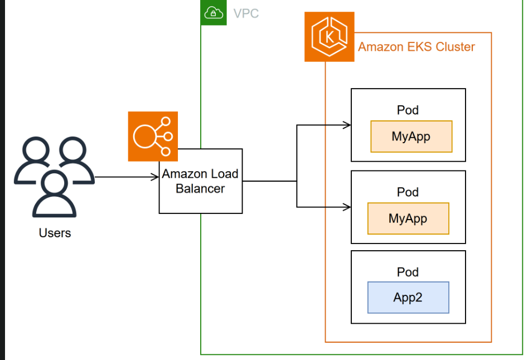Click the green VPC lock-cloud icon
tap(214, 12)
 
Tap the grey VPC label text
tap(246, 13)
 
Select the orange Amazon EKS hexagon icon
tap(329, 37)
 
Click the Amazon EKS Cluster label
tap(416, 47)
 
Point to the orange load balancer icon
tap(153, 136)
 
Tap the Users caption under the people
tap(55, 232)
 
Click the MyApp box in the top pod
tap(411, 137)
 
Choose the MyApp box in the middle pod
tap(408, 218)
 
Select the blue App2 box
tap(408, 298)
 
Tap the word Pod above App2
tap(408, 272)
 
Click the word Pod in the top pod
tap(408, 110)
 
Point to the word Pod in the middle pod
tap(408, 192)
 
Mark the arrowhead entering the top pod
tap(347, 125)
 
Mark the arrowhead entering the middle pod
tap(347, 207)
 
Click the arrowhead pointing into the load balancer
tap(156, 178)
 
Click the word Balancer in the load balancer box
tap(200, 189)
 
